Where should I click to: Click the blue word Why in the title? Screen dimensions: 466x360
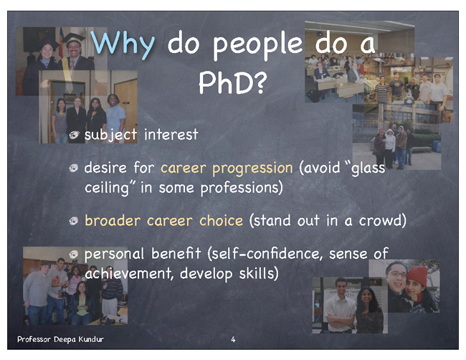(123, 44)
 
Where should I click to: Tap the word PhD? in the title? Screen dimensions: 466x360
(233, 82)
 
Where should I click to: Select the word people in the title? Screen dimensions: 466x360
(257, 45)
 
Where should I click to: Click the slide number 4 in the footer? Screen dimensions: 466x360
(233, 339)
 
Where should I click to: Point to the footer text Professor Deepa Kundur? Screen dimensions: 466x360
(61, 339)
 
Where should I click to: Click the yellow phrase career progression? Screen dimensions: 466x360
(227, 169)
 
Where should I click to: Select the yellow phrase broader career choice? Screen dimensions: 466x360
(163, 220)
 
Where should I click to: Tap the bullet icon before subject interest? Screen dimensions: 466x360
(74, 135)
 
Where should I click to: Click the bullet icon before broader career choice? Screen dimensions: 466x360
(74, 221)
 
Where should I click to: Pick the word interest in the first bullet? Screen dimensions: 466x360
(171, 134)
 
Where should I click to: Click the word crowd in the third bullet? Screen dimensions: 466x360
(380, 220)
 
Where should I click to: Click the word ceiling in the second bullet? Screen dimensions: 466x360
(107, 188)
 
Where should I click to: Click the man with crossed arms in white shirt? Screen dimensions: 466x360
(340, 305)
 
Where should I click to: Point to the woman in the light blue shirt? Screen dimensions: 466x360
(116, 118)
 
